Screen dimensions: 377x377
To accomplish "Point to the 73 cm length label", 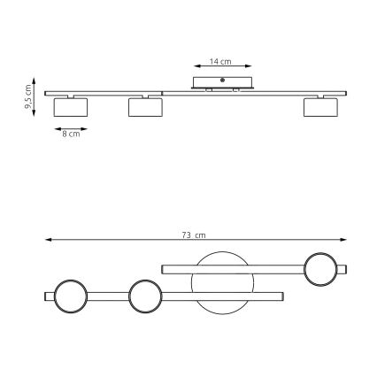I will click(194, 235).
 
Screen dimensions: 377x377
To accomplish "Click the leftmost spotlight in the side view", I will click(70, 107).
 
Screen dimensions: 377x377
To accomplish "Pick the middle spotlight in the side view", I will click(145, 107).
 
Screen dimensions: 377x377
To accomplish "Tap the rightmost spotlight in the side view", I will click(320, 107).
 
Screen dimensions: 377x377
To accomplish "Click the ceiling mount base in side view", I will click(222, 83).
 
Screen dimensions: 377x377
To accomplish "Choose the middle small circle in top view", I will click(144, 295).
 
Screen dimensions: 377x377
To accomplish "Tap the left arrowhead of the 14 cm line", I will click(195, 65).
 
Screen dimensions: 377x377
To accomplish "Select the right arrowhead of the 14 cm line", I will click(250, 65).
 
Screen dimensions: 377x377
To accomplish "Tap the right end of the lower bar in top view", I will click(281, 295).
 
